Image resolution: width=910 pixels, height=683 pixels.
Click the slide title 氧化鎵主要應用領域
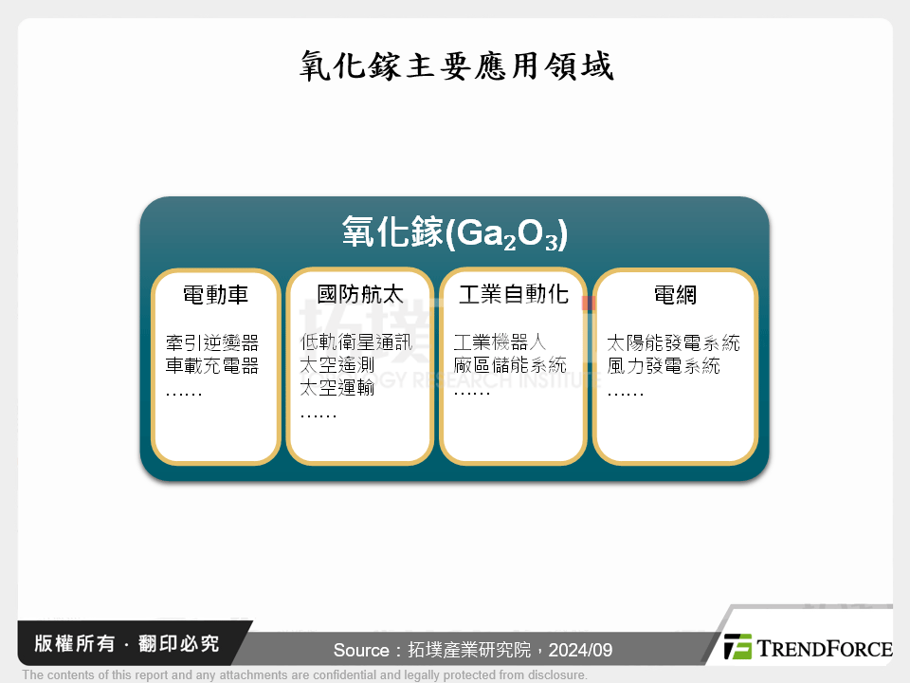[455, 66]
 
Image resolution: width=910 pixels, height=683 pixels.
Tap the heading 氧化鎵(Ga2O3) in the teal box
[454, 233]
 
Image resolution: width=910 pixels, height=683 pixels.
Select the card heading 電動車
[215, 295]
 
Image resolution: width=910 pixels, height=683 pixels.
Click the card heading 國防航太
[359, 295]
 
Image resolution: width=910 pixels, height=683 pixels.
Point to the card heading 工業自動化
[513, 295]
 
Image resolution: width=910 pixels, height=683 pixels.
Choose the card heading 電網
[675, 295]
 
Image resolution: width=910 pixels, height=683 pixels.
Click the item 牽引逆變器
[211, 342]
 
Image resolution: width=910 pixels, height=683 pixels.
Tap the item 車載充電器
[211, 365]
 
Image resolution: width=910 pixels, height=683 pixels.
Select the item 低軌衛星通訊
[356, 342]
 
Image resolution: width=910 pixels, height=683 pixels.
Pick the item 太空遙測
[337, 365]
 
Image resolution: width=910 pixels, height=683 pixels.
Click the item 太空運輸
[337, 388]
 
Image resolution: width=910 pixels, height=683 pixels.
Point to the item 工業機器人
[500, 342]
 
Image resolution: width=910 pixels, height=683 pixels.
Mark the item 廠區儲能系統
[510, 365]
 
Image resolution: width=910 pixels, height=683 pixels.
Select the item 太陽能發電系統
[673, 342]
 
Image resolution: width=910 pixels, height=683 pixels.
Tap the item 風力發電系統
[664, 365]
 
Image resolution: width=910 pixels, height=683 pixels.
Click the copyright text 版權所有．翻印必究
[127, 644]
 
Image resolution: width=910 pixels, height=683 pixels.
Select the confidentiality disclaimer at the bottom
[304, 675]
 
